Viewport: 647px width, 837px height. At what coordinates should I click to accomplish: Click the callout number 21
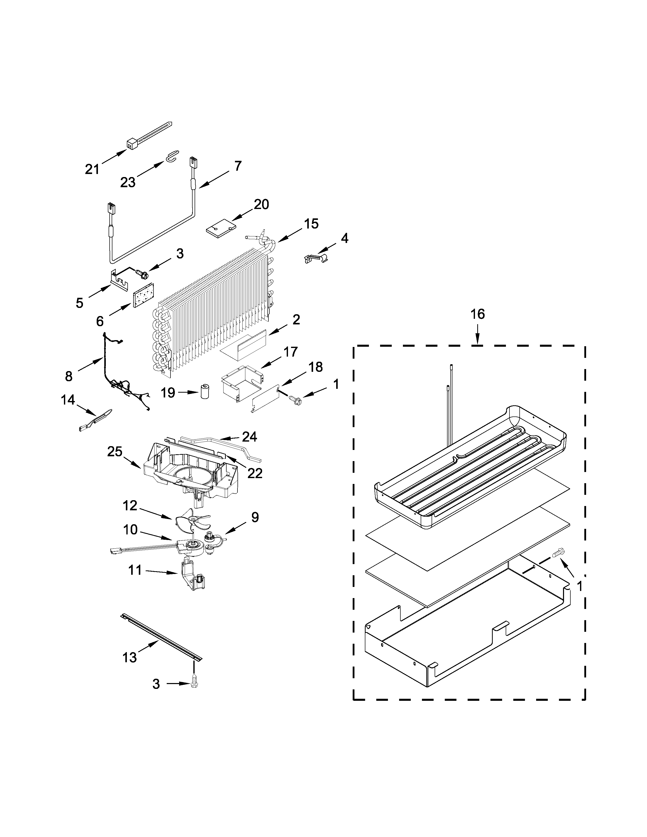tap(92, 169)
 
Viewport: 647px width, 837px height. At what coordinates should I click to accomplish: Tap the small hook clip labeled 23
tap(170, 156)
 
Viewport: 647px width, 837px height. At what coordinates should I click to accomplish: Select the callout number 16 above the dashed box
tap(478, 314)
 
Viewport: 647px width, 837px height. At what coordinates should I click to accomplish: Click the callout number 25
tap(115, 451)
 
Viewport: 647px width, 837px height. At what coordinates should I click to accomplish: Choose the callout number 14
tap(67, 400)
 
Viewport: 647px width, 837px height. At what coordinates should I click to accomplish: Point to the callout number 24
tap(249, 436)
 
